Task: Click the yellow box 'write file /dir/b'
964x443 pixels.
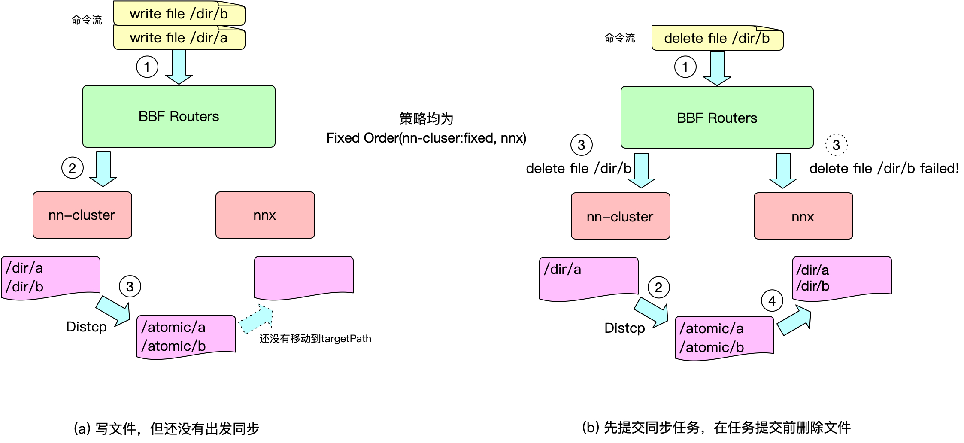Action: click(x=179, y=14)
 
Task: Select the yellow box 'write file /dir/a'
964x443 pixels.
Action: click(x=179, y=38)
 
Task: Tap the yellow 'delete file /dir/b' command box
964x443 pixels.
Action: click(x=717, y=39)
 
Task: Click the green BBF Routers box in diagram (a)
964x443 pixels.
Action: click(x=179, y=116)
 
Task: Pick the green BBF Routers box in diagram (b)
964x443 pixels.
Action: click(x=717, y=118)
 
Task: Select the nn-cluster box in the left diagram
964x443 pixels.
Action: click(x=82, y=215)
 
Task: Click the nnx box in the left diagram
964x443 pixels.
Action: click(x=265, y=215)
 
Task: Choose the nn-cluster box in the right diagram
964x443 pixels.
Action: click(x=620, y=216)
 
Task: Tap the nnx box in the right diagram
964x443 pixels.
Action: click(x=803, y=216)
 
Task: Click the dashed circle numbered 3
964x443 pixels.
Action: click(x=836, y=145)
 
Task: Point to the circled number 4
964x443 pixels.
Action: click(x=772, y=301)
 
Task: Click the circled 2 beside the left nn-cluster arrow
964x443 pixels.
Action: click(x=72, y=168)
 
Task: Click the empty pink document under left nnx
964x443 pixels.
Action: click(x=303, y=276)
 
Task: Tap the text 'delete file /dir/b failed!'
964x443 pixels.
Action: click(x=884, y=168)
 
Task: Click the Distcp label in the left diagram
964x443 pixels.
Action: click(x=86, y=327)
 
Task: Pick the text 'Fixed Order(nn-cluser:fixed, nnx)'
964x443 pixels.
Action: click(x=426, y=138)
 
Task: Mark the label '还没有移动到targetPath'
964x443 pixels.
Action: click(x=315, y=339)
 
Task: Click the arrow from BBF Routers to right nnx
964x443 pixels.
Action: click(x=783, y=170)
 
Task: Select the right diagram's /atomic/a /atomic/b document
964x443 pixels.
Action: click(x=724, y=337)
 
